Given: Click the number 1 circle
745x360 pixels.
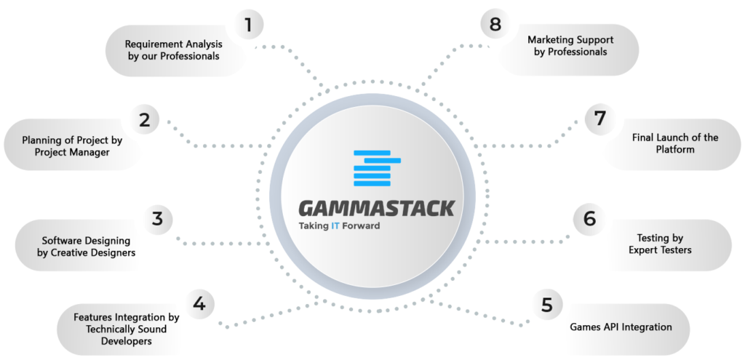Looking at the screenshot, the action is point(247,25).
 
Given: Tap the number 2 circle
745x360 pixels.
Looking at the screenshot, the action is point(145,120).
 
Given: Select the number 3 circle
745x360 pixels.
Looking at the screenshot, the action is point(157,219).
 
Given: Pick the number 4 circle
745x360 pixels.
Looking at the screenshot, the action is point(199,303).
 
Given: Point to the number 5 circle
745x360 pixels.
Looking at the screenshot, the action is point(547,305).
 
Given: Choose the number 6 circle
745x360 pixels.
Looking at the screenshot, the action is point(589,219).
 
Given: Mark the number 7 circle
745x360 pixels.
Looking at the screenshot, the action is point(600,119).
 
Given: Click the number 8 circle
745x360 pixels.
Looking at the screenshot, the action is point(495,24).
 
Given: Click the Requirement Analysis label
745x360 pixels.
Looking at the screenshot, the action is point(173,50).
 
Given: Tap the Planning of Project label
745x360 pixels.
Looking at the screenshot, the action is point(72,146).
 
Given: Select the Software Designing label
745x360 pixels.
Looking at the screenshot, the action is point(86,247).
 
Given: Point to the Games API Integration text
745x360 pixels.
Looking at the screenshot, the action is point(621,327).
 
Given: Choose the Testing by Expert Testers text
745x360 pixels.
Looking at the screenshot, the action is point(660,244).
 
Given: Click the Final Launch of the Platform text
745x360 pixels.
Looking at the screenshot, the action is point(674,143).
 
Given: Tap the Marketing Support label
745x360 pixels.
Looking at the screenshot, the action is point(570,46).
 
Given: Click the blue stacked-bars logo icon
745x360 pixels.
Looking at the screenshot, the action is point(378,168).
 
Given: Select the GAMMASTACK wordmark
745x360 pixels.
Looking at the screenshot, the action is point(376,209).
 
